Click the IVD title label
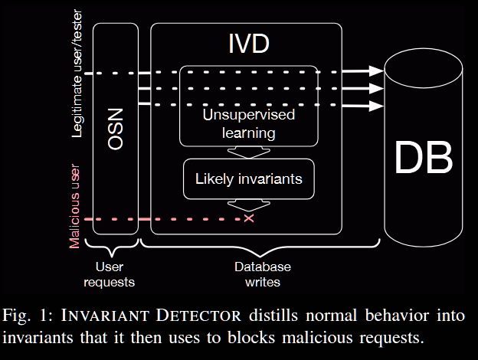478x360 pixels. pyautogui.click(x=249, y=44)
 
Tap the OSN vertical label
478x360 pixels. pyautogui.click(x=116, y=129)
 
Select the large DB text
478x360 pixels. pyautogui.click(x=424, y=157)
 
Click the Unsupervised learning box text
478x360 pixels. pyautogui.click(x=249, y=124)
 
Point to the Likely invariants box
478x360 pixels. pyautogui.click(x=249, y=179)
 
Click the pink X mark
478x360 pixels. pyautogui.click(x=249, y=218)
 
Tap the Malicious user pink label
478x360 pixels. pyautogui.click(x=75, y=206)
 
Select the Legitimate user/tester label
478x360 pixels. pyautogui.click(x=77, y=74)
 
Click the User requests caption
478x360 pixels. pyautogui.click(x=109, y=275)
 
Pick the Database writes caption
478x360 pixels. pyautogui.click(x=263, y=275)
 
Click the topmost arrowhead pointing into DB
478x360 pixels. pyautogui.click(x=376, y=70)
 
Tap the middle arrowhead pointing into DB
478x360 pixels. pyautogui.click(x=376, y=88)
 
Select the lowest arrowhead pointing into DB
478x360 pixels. pyautogui.click(x=376, y=106)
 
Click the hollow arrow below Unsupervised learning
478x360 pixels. pyautogui.click(x=249, y=152)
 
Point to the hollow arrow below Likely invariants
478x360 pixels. pyautogui.click(x=249, y=205)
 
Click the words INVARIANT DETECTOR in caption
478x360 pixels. pyautogui.click(x=151, y=315)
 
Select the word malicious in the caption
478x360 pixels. pyautogui.click(x=317, y=338)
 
